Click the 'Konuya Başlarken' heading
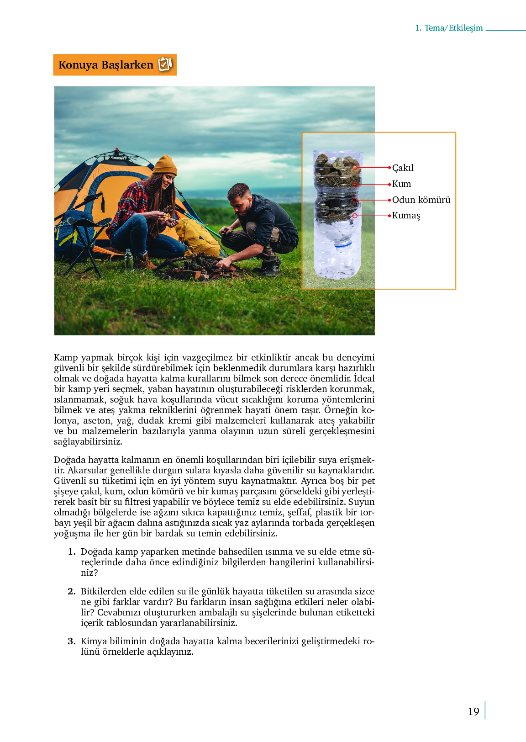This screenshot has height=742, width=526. coord(106,65)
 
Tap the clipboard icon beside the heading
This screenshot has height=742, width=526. coord(165,64)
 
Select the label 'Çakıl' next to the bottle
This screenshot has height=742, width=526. coord(403,168)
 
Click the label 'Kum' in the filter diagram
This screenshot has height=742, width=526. coord(401,184)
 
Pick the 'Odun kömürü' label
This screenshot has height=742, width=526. coord(421,200)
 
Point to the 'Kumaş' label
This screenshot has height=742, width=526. coord(406,215)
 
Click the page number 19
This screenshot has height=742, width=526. coord(473,711)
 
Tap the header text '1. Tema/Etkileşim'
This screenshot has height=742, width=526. coord(449,28)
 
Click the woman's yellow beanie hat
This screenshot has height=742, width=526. coord(165,165)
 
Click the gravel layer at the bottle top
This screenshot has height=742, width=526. coord(337,165)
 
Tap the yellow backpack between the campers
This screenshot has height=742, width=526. coord(198,237)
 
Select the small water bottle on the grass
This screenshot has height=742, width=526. coord(129,260)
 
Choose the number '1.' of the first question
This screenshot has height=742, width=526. coord(72,551)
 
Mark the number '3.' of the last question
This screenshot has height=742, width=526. coord(72,641)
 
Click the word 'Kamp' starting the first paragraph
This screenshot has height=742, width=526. coord(66,357)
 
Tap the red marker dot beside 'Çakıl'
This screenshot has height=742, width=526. coord(389,168)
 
